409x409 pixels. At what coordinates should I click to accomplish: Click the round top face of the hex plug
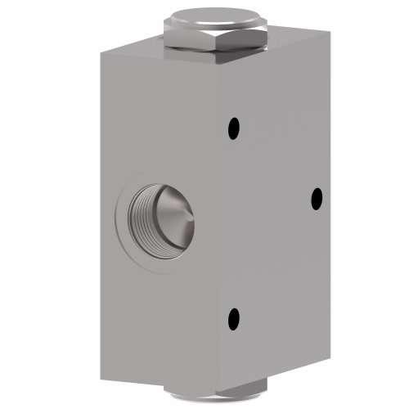pos(215,16)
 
